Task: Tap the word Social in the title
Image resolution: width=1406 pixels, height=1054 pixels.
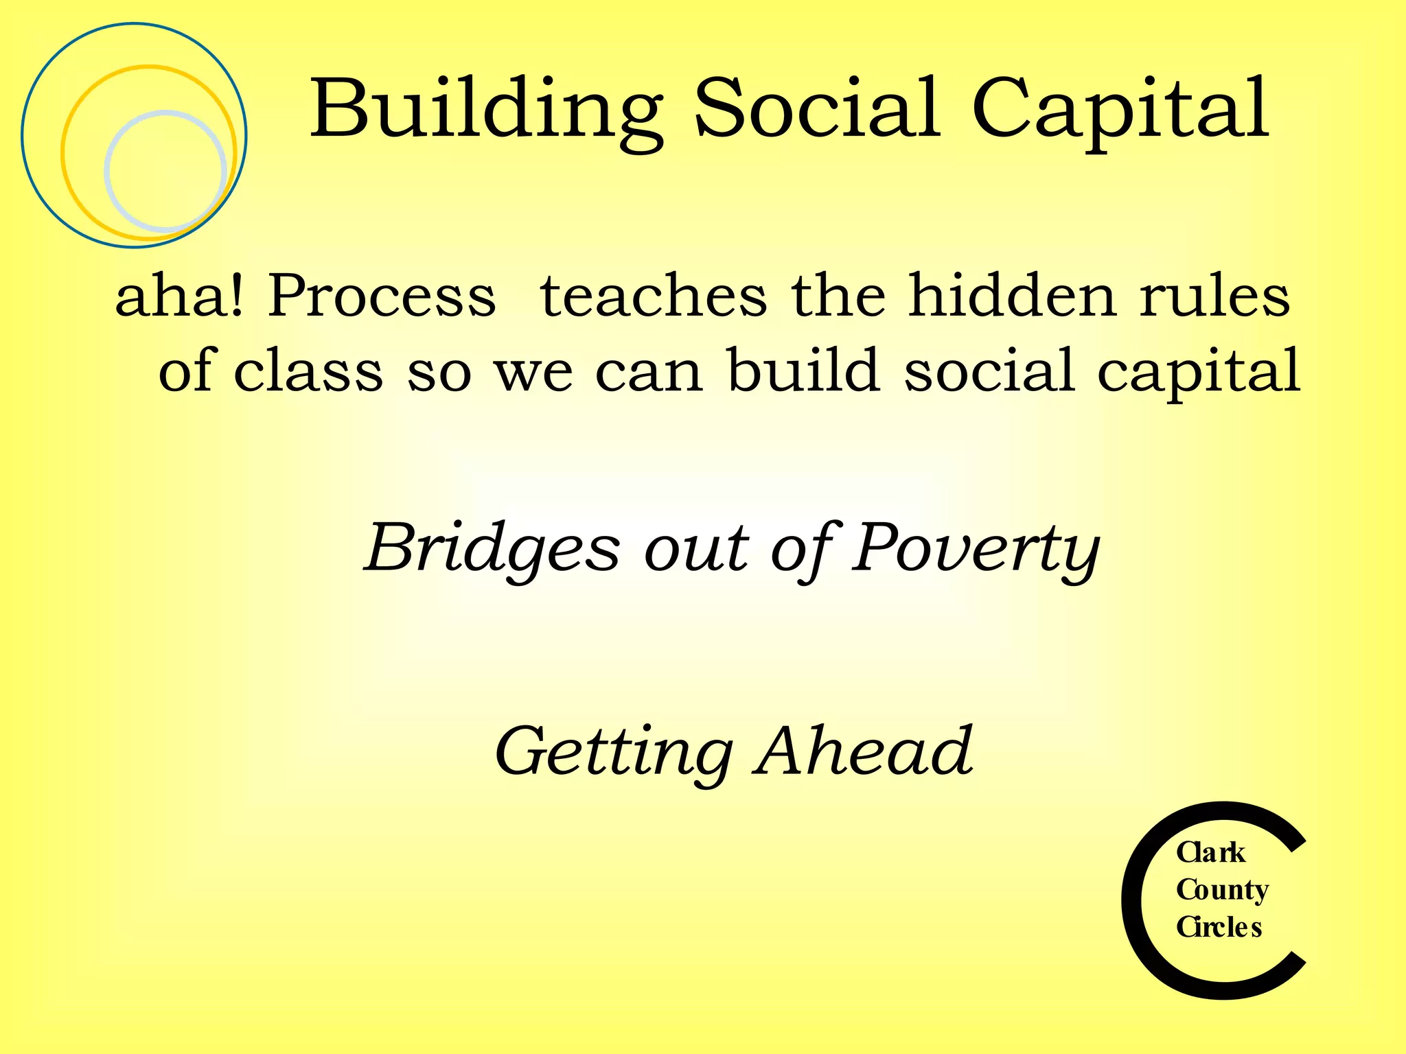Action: [816, 108]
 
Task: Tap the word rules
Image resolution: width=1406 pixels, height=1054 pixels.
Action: [1214, 296]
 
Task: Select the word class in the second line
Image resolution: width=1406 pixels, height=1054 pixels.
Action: [308, 371]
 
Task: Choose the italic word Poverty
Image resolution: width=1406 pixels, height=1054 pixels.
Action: [976, 549]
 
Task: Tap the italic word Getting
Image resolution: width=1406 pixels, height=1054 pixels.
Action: [613, 752]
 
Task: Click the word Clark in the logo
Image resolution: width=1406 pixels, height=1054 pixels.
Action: [1210, 853]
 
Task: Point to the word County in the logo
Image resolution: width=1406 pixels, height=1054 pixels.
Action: [1222, 890]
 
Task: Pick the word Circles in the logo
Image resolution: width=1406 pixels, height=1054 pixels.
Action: [1219, 927]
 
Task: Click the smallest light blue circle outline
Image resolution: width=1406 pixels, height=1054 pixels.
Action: [108, 172]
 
